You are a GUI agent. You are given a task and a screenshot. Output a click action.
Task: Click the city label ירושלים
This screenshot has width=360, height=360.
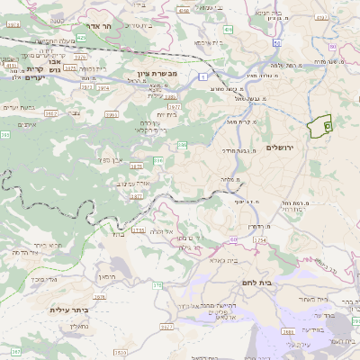pyautogui.click(x=281, y=147)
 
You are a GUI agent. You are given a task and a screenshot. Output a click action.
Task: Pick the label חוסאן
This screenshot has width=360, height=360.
pyautogui.click(x=107, y=275)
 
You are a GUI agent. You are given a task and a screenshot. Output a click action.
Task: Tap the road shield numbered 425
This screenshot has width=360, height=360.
pyautogui.click(x=81, y=38)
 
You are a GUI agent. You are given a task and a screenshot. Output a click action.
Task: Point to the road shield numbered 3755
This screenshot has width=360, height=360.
pyautogui.click(x=138, y=230)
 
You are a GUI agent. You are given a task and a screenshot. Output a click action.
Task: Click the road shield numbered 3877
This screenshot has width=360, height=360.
pyautogui.click(x=137, y=167)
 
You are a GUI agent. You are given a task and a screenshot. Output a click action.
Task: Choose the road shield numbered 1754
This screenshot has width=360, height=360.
pyautogui.click(x=260, y=240)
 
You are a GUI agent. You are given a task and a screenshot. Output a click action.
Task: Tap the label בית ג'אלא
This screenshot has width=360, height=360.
pyautogui.click(x=211, y=260)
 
